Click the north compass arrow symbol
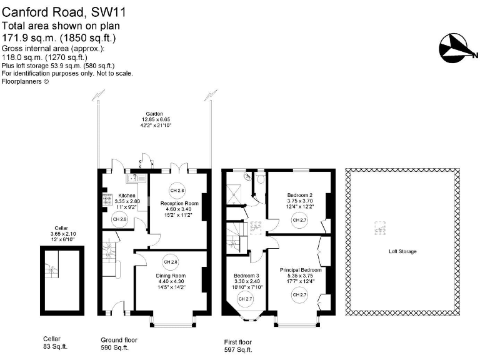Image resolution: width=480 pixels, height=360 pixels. tap(457, 47)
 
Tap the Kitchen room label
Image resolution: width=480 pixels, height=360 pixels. tap(127, 195)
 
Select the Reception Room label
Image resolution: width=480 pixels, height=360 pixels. tap(179, 204)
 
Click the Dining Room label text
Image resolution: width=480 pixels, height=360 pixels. tap(171, 276)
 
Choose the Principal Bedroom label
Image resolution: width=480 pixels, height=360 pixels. tap(301, 270)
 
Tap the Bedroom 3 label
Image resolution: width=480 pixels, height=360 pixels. tap(246, 276)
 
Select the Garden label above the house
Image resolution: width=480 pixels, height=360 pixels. tap(154, 114)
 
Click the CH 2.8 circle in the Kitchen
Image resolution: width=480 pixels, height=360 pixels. tap(119, 219)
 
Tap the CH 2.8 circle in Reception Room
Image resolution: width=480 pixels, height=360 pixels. tap(177, 190)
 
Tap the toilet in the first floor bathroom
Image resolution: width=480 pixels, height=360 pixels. tap(260, 179)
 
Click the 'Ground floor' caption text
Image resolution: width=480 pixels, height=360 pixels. tap(119, 340)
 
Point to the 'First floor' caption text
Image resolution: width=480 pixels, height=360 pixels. tap(238, 342)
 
